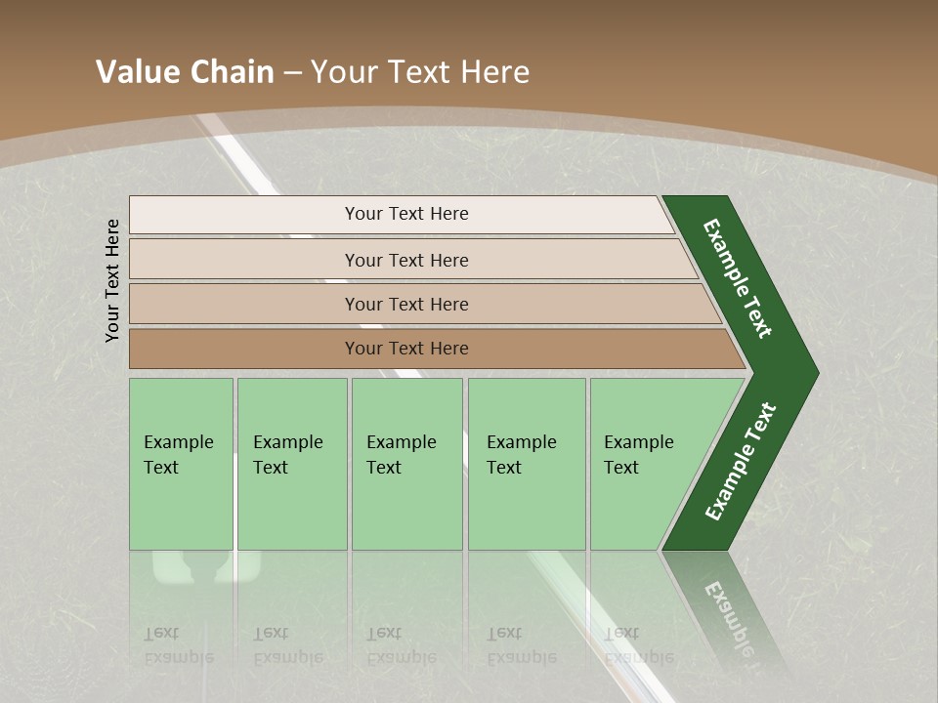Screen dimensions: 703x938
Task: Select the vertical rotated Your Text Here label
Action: (x=112, y=280)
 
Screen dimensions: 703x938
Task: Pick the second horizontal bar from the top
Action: (x=406, y=260)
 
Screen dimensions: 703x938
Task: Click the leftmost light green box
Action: (x=181, y=464)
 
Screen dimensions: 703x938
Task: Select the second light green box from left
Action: (x=292, y=464)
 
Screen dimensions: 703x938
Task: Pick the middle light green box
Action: (x=406, y=464)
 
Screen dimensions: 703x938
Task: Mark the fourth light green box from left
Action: (x=527, y=464)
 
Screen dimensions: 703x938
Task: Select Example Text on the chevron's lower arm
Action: (x=740, y=462)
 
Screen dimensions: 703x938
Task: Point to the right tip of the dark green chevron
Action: (x=816, y=373)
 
